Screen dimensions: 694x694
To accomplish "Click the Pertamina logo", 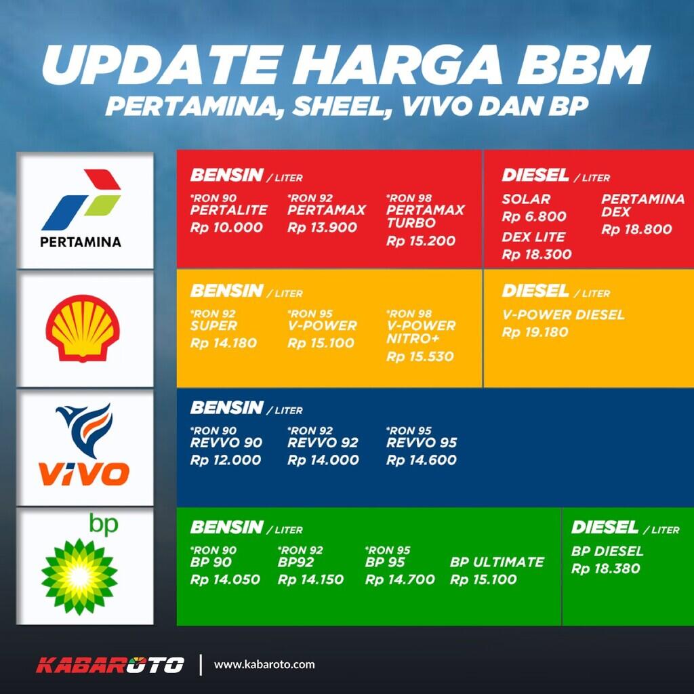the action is (81, 208).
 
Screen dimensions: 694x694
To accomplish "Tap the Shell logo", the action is (83, 328).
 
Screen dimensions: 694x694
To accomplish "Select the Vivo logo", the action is (83, 444).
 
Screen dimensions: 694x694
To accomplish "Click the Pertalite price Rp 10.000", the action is (226, 228).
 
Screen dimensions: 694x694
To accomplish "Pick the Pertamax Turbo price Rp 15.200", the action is (420, 241).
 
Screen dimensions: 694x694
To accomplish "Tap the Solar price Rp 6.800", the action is (534, 216).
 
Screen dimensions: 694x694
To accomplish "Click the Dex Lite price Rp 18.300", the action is (537, 254).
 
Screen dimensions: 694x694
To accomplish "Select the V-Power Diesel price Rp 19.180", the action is (535, 332).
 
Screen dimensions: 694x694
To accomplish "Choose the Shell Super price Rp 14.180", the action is (223, 343).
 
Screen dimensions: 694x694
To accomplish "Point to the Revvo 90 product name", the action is (226, 443).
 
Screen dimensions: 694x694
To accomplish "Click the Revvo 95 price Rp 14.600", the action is (421, 460).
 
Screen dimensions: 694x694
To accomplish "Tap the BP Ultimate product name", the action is (497, 562).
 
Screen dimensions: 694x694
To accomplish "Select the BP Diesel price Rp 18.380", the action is (605, 569).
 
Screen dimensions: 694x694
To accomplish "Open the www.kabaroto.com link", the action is (264, 664).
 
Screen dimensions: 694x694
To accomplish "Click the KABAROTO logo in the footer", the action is (110, 665).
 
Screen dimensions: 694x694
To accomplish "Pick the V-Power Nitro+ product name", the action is (420, 332).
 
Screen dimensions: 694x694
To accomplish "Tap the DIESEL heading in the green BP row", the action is (605, 527).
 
